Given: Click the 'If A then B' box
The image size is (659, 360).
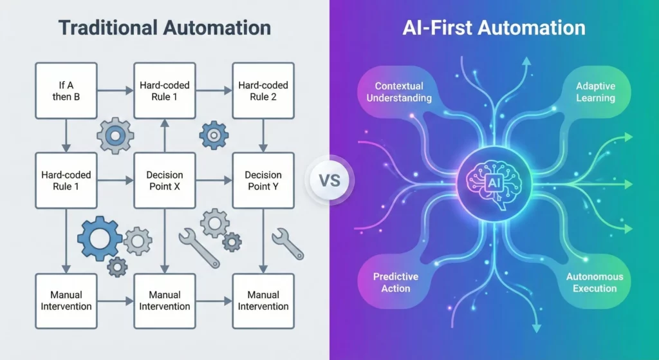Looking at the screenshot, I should click(66, 91).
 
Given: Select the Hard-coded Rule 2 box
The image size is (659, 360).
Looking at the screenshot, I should click(263, 91).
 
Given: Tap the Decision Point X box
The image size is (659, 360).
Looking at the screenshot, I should click(164, 180).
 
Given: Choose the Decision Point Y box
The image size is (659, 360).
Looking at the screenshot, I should click(263, 180).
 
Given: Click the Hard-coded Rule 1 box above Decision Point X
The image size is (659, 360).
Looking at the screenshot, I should click(164, 91).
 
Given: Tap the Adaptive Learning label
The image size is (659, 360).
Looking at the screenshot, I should click(595, 92).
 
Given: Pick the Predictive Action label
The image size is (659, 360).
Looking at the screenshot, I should click(396, 282).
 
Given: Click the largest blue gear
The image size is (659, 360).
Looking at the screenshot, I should click(99, 239).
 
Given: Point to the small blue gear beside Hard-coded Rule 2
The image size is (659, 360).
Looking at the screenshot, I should click(214, 135).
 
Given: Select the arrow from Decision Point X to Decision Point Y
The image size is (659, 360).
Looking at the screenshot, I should click(214, 181).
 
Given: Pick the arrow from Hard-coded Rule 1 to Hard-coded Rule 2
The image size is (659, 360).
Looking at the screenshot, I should click(214, 91).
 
